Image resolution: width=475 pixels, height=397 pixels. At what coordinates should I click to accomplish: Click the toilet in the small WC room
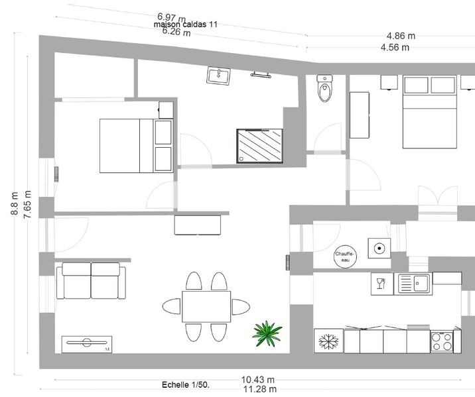point(324,88)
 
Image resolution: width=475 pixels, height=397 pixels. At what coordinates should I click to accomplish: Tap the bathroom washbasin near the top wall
point(218,76)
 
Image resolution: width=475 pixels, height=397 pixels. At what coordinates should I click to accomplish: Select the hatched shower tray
point(259,146)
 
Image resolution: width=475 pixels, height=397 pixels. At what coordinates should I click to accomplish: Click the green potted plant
point(267,333)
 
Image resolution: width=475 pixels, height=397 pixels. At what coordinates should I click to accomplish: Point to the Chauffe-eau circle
point(345,256)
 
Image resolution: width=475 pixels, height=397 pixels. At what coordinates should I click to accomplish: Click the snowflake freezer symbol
point(328,341)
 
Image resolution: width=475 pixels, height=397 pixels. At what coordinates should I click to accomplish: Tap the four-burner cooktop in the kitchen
point(442,341)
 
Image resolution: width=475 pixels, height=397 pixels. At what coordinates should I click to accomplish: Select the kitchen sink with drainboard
point(413,284)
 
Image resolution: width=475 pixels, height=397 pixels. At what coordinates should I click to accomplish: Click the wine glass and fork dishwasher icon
point(382,284)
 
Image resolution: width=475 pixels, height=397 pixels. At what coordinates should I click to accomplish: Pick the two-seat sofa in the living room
point(91,281)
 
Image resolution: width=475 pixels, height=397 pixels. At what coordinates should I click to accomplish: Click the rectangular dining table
point(206,306)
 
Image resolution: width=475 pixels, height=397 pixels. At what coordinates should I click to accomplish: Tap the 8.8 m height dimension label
point(15,203)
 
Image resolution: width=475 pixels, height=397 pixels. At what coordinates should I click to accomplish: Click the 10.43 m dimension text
point(258,380)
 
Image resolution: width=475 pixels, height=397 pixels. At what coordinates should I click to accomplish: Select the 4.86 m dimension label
point(401,36)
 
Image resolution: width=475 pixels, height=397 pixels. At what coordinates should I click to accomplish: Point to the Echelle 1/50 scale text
point(186,385)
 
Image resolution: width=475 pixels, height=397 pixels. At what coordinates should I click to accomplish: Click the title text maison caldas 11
point(186,25)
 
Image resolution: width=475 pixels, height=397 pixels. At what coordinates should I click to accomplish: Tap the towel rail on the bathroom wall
point(261,75)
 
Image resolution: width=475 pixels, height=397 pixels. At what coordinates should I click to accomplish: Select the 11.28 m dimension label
point(260,389)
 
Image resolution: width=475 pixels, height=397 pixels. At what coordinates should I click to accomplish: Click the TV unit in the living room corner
point(87,345)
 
